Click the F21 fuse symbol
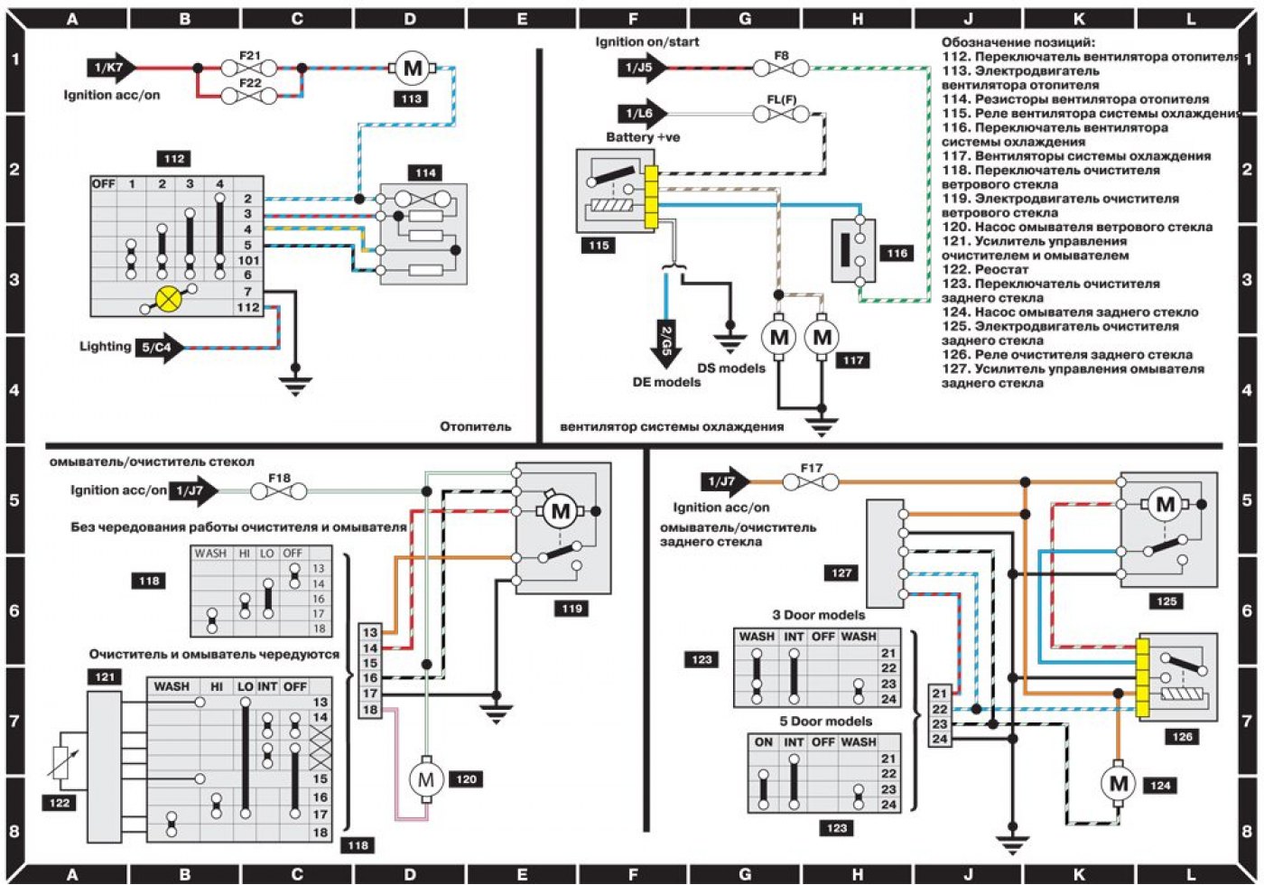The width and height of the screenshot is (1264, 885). pos(249,69)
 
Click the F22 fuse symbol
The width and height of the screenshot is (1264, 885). pos(249,96)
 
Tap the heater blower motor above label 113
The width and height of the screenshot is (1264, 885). pos(413,69)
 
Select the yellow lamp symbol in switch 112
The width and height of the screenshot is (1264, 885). pos(168,299)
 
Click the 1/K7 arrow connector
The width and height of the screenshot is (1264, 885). pos(112,69)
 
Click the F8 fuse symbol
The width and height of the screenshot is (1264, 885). pos(781,69)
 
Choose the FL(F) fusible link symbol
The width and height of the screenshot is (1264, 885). pos(781,115)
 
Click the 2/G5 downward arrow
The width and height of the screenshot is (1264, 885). pos(666,344)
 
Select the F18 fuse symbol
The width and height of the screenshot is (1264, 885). pos(279,491)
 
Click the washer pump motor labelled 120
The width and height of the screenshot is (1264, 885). pos(426,780)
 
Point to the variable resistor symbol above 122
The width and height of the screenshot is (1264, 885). pos(61,762)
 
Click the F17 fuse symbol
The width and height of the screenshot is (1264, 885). pos(811,482)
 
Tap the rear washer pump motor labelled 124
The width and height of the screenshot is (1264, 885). pos(1119,784)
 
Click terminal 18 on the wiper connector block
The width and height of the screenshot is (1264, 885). pos(370,710)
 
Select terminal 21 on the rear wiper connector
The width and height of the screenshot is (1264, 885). pos(940,694)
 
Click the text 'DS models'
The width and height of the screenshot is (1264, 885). pos(731,368)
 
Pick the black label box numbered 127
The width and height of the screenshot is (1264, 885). pos(841,573)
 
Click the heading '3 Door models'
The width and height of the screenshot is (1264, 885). pos(818,615)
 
